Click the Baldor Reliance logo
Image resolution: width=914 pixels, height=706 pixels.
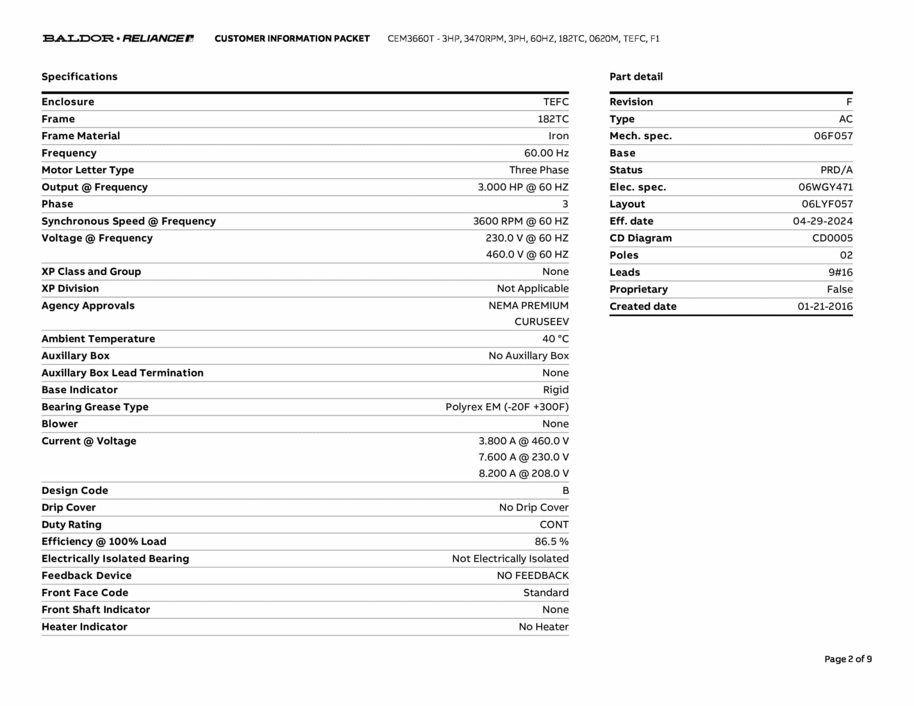pos(118,38)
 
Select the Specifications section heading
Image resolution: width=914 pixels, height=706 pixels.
pos(79,77)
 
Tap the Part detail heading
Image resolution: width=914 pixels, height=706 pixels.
pos(636,77)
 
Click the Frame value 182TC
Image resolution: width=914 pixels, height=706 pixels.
pos(553,119)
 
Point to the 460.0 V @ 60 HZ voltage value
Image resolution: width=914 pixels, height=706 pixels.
pos(527,254)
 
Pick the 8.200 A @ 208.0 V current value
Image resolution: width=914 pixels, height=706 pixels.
pos(523,473)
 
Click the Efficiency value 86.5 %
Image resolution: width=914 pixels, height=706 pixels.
pos(552,542)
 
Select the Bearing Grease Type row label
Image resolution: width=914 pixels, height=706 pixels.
pos(95,407)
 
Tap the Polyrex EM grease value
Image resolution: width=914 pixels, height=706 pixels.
pos(507,407)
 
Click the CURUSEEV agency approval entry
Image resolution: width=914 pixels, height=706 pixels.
pos(541,322)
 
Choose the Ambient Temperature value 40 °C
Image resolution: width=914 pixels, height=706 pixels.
pos(555,339)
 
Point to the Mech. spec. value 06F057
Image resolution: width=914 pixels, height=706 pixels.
pos(833,136)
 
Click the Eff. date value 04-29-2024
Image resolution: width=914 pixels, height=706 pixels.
pos(823,221)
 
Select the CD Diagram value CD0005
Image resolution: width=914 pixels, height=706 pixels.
pos(832,238)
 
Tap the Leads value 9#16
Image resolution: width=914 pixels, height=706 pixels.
pos(840,273)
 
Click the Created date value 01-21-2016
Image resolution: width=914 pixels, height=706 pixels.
pos(825,307)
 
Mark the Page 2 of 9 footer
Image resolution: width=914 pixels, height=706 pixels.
pos(848,659)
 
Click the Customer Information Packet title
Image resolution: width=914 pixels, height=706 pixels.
pos(292,39)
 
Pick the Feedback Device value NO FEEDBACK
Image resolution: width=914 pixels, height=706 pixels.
pos(532,576)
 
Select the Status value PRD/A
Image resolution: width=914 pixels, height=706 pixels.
pos(836,170)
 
